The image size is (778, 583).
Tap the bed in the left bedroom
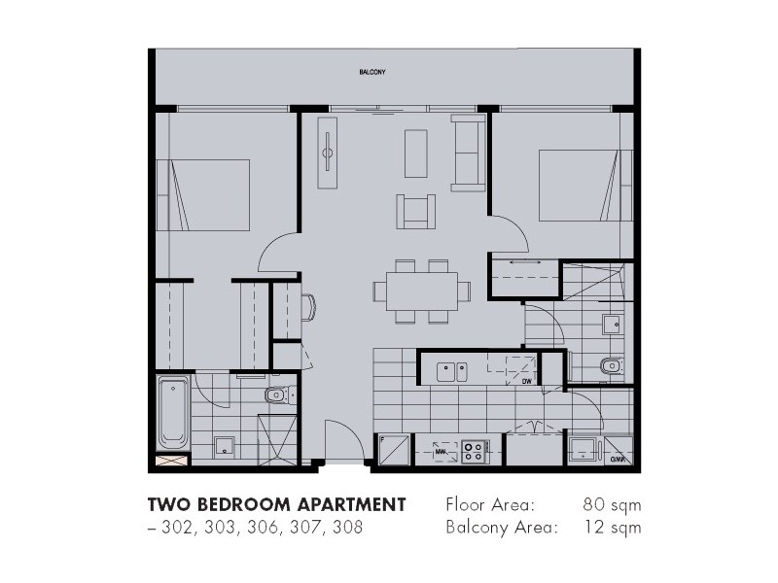click(x=209, y=195)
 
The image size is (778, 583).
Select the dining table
click(x=422, y=290)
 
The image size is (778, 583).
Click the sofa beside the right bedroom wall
click(x=469, y=152)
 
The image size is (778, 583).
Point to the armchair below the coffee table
click(x=416, y=210)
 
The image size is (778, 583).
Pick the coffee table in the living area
click(x=415, y=153)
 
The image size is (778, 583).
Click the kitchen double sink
click(x=451, y=370)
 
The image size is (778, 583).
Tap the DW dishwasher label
click(x=526, y=382)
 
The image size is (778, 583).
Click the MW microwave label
click(x=440, y=451)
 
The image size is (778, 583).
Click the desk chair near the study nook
click(x=308, y=307)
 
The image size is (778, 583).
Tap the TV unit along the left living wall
click(x=329, y=154)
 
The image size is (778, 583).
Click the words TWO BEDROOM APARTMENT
click(x=276, y=505)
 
